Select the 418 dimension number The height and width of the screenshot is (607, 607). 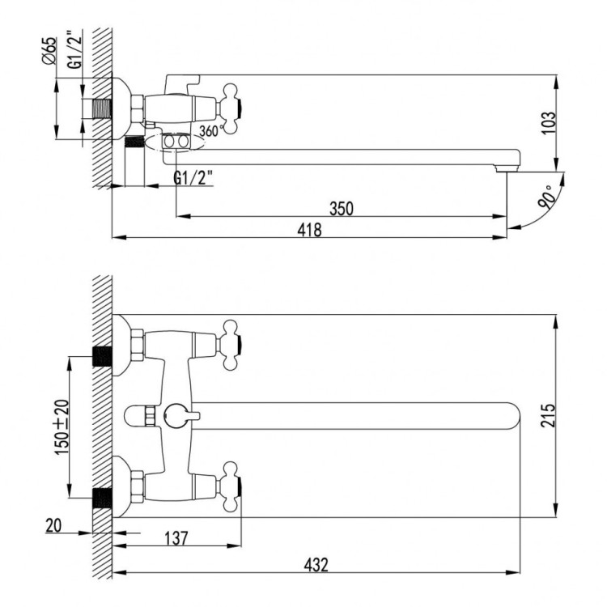click(309, 230)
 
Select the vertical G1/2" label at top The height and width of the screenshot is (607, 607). click(74, 50)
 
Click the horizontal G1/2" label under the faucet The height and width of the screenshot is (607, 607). click(193, 178)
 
